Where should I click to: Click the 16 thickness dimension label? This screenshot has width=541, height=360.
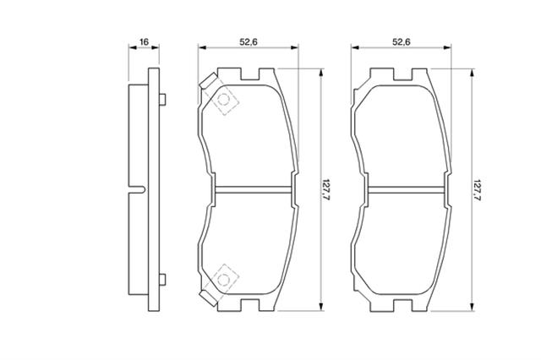(144, 42)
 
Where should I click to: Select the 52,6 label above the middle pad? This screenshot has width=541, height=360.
(249, 42)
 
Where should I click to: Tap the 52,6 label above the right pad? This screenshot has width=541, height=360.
(402, 42)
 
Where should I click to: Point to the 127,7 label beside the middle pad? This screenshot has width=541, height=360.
(325, 190)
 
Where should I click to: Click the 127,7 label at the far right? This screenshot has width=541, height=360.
(477, 190)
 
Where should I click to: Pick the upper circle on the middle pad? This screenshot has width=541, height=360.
(224, 100)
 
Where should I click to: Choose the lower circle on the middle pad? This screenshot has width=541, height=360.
(223, 280)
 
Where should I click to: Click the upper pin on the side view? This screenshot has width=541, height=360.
(162, 100)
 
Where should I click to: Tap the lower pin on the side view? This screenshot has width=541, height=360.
(162, 280)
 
